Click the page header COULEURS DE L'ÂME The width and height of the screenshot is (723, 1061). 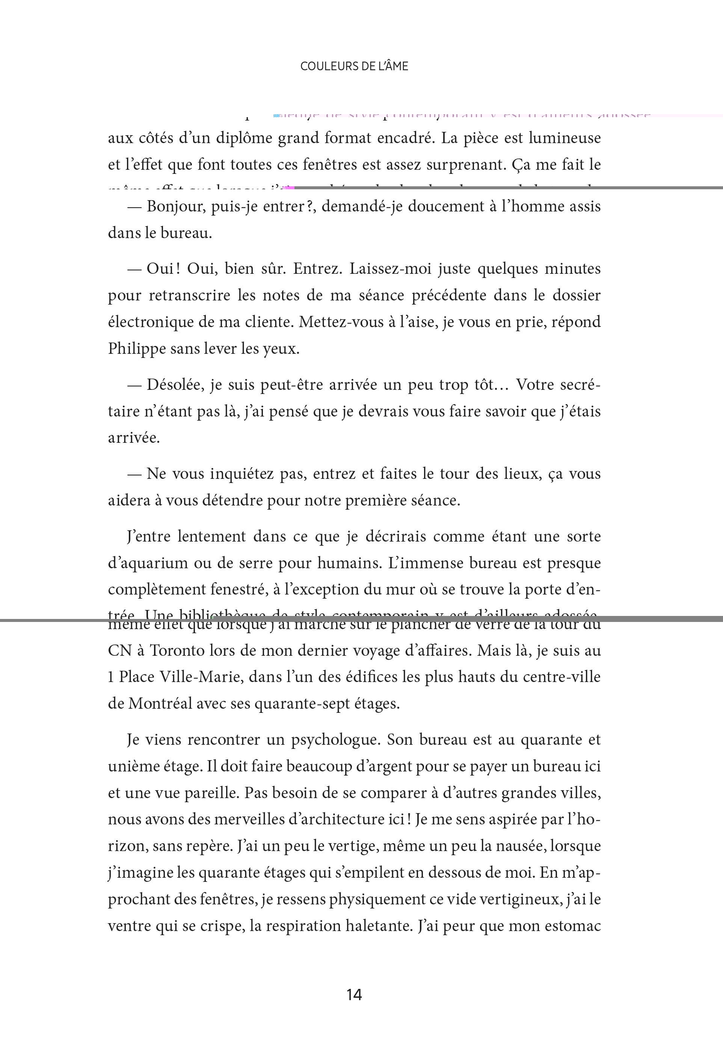point(354,66)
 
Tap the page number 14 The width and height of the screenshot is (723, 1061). point(354,995)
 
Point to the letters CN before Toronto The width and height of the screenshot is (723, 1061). point(119,650)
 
